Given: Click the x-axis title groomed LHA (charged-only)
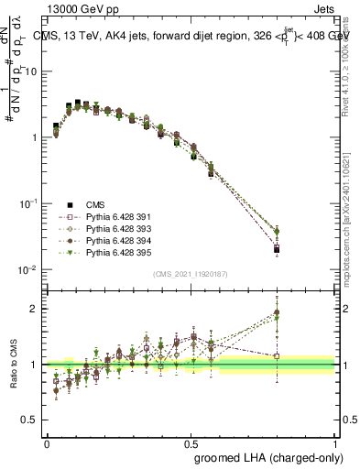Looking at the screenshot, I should [265, 455].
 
